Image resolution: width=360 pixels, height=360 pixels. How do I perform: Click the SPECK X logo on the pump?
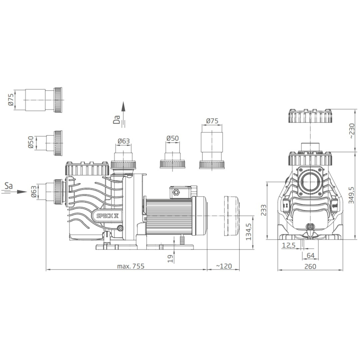108,216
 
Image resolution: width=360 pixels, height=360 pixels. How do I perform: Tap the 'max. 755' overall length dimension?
131,266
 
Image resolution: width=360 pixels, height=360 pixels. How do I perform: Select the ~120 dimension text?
224,266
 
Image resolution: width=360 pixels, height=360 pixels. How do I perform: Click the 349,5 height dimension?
351,195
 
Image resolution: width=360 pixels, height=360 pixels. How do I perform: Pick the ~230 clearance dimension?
352,131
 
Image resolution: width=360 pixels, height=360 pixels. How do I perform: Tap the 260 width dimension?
310,266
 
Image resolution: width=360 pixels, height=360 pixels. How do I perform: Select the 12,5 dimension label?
289,245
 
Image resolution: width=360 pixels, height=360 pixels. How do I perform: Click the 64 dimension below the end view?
310,255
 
